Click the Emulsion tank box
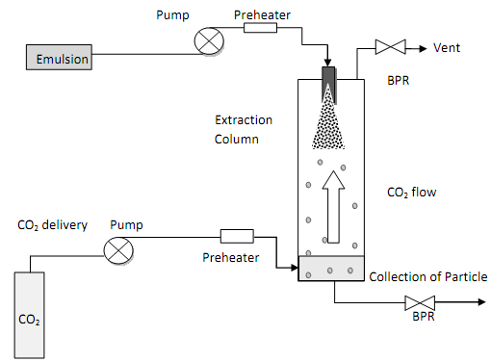59,57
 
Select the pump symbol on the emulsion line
209,41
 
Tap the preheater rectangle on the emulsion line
260,28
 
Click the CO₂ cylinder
29,315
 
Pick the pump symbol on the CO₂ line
118,250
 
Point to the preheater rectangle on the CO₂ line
237,236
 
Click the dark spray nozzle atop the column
328,85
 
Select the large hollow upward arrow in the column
333,207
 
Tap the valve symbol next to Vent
391,47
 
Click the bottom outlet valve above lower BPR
420,302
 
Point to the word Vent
447,48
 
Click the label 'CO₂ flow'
412,193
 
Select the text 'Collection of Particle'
428,276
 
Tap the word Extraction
244,120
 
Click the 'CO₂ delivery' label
52,225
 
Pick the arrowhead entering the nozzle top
327,63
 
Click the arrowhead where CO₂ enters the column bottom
295,268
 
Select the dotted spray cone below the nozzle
328,117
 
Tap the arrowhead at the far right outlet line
481,302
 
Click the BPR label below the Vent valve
399,80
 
